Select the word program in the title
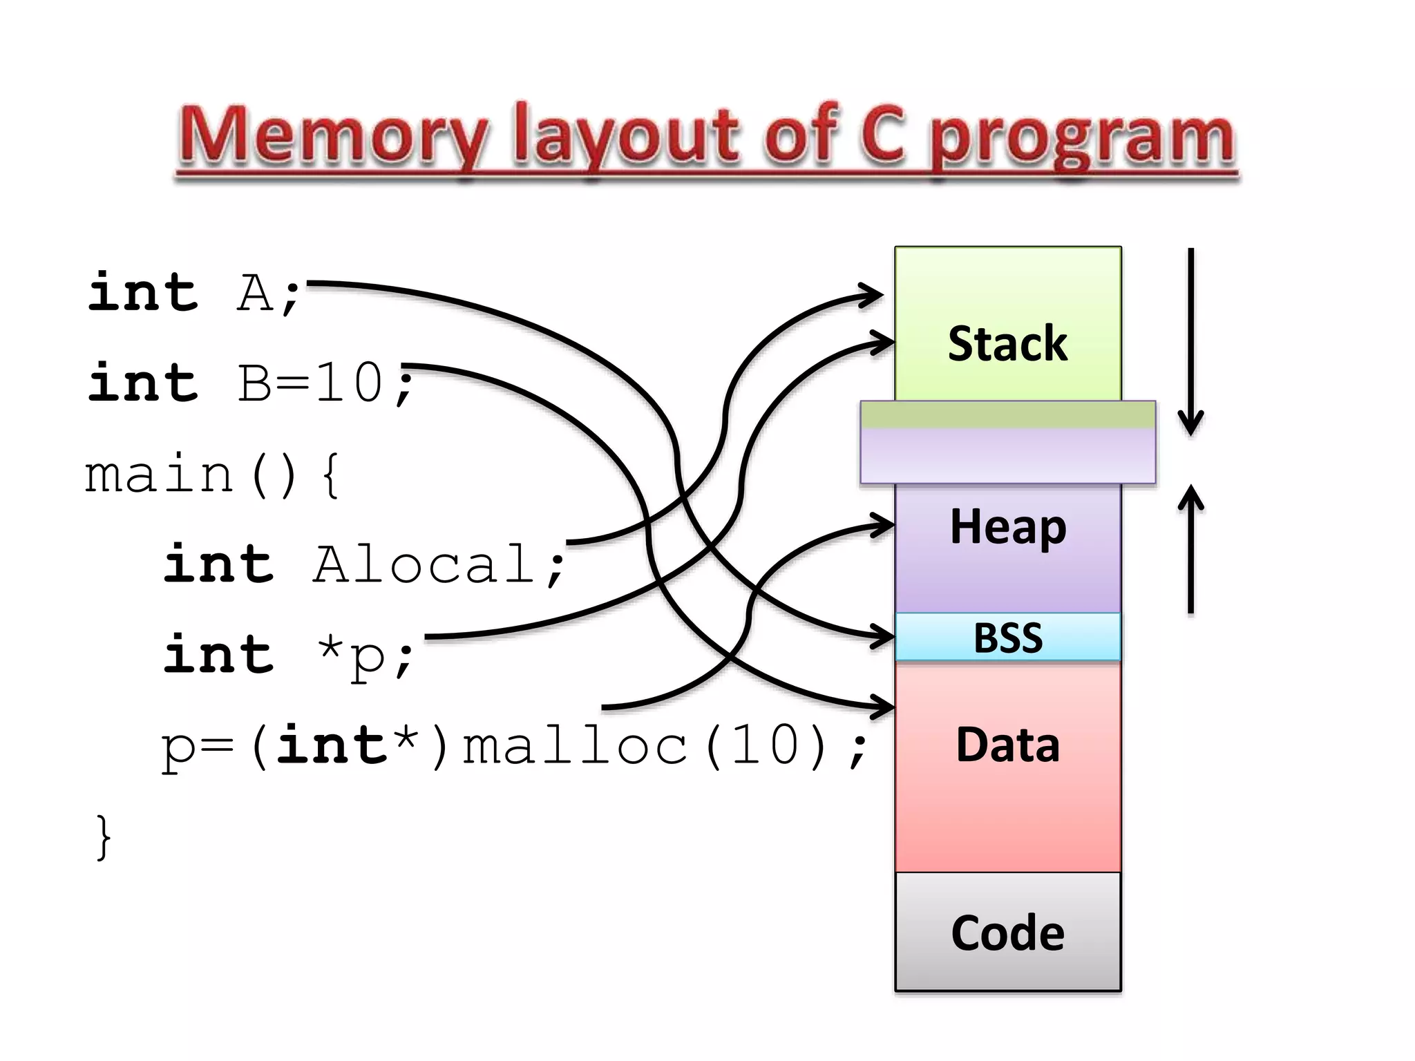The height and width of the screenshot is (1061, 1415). [1081, 138]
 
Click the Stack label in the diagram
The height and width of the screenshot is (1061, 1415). [1007, 343]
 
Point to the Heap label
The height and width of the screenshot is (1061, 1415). [1007, 527]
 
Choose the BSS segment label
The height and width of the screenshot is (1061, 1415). [1007, 638]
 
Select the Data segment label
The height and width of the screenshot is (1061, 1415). [1007, 745]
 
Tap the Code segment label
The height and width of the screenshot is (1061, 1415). [1007, 933]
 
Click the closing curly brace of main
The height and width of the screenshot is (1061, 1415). [103, 837]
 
